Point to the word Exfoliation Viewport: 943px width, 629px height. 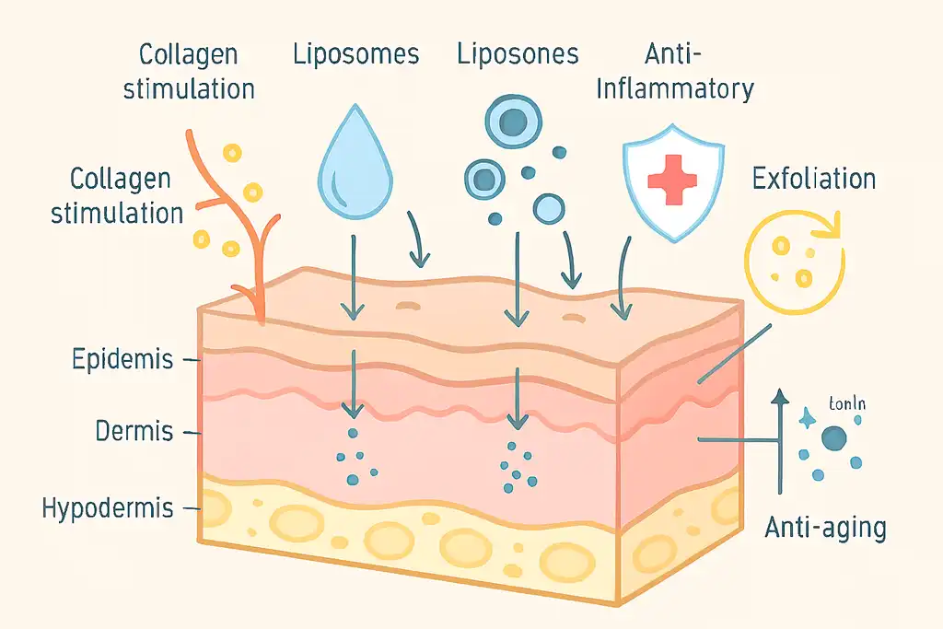point(813,178)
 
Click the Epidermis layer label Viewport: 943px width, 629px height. point(122,359)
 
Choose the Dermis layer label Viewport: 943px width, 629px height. point(134,430)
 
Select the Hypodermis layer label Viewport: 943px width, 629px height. point(109,507)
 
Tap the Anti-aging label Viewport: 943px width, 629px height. point(825,529)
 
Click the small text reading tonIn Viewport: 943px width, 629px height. point(847,403)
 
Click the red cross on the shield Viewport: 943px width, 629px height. point(672,179)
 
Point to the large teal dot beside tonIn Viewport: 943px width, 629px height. point(835,438)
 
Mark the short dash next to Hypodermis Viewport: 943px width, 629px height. point(192,507)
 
